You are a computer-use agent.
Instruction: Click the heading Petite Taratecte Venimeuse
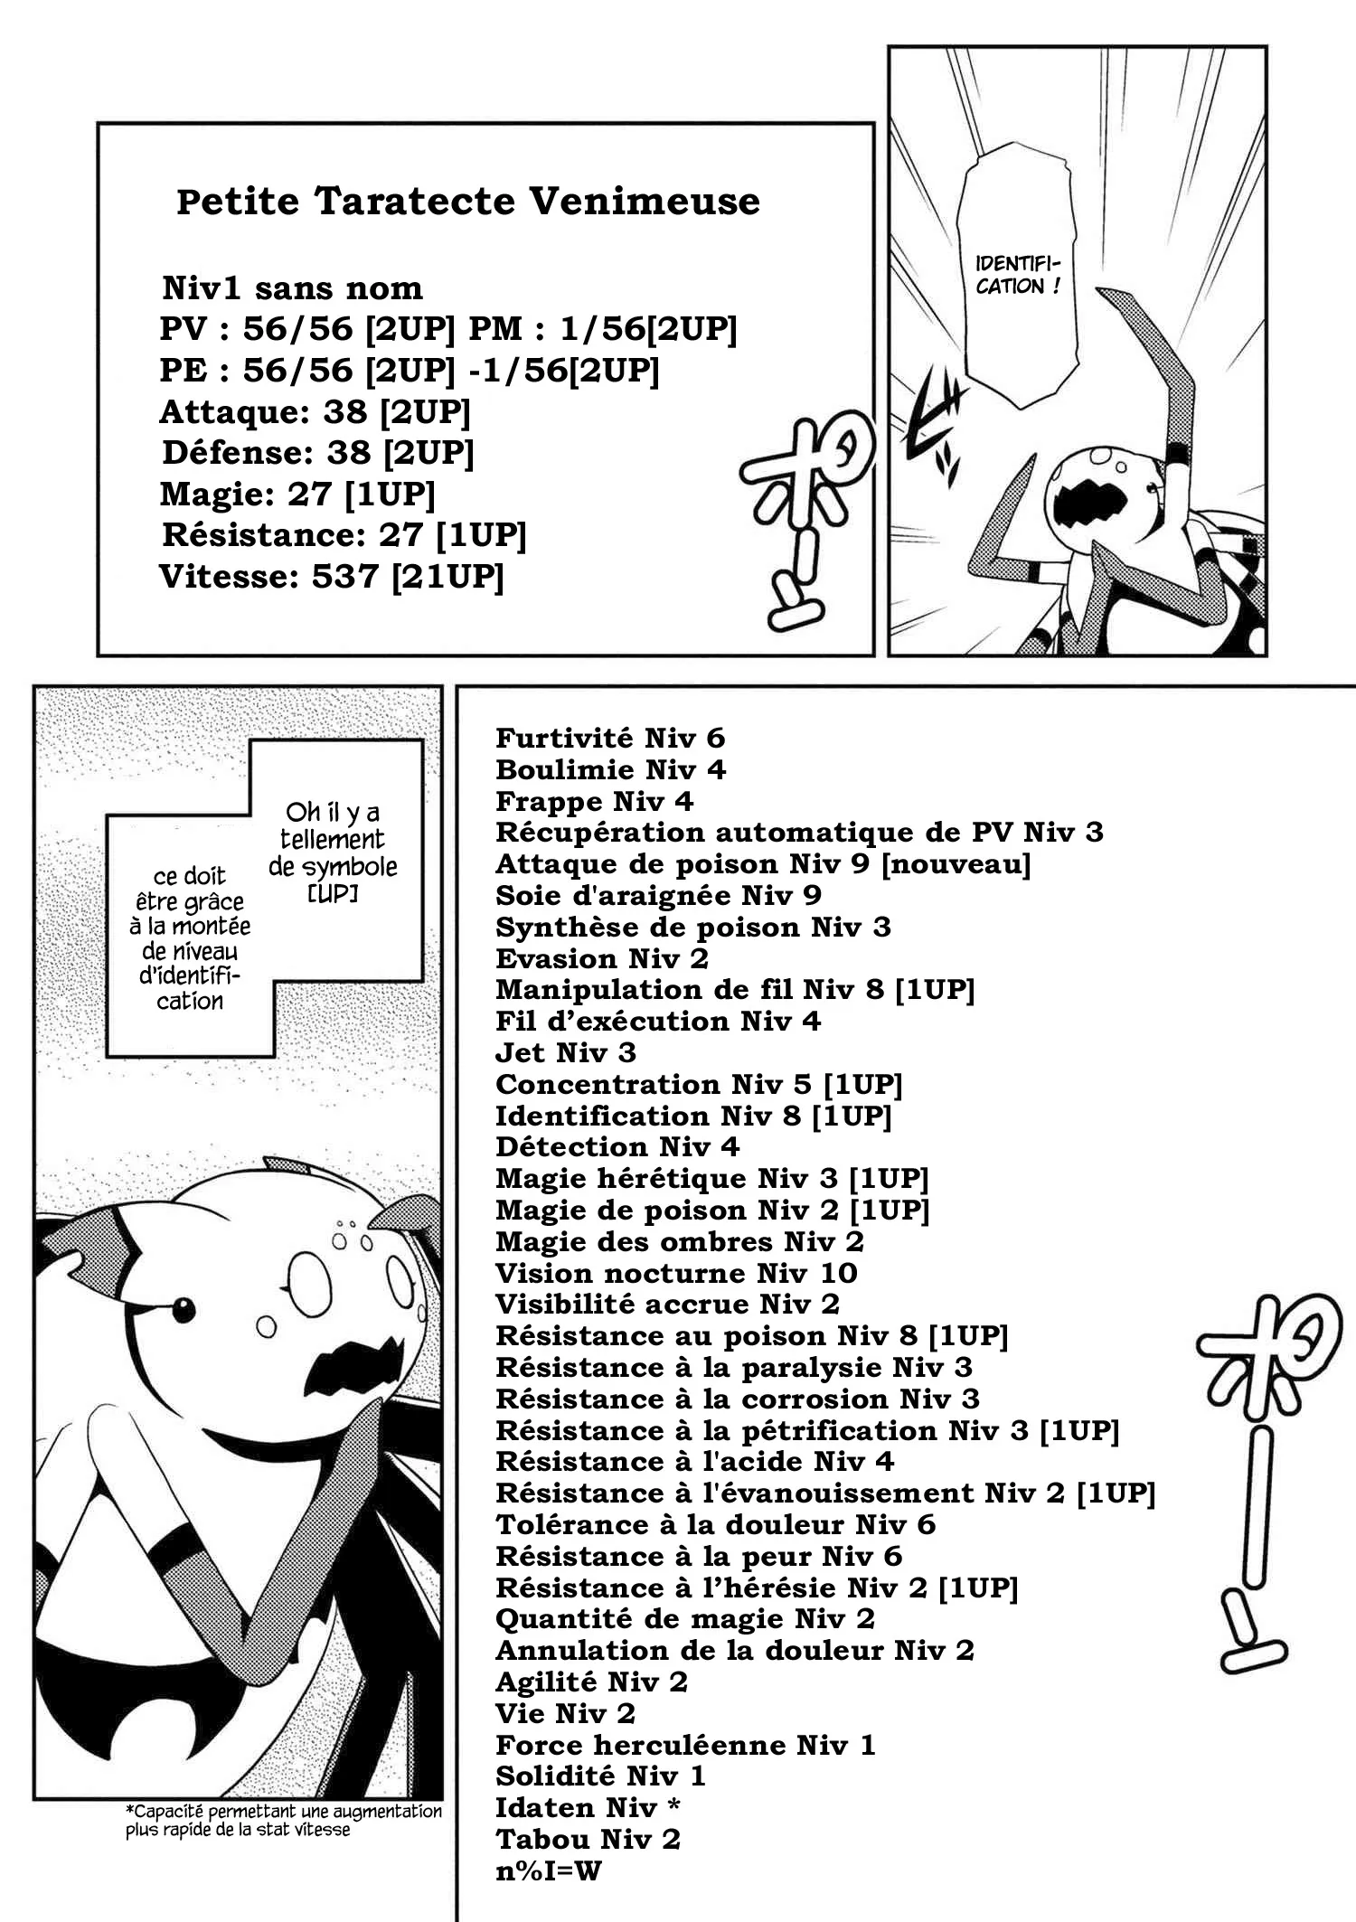tap(468, 202)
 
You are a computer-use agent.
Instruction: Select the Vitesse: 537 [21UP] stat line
tap(331, 576)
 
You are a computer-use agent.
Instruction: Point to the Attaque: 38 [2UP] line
tap(315, 412)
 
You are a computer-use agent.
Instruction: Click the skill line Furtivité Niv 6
tap(610, 739)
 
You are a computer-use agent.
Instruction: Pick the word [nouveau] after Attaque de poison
tap(956, 864)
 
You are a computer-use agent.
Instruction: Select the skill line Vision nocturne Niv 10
tap(676, 1273)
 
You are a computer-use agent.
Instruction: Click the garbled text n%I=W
tap(549, 1870)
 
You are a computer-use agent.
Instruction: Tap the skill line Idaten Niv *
tap(589, 1807)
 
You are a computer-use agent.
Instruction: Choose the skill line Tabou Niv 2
tap(589, 1839)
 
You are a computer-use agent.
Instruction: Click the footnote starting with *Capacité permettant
tap(284, 1821)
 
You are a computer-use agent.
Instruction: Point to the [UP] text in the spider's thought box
tap(333, 893)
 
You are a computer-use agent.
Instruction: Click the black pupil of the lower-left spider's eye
tap(184, 1310)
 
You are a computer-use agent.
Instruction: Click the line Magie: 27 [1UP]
tap(297, 495)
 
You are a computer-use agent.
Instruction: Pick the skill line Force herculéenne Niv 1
tap(686, 1745)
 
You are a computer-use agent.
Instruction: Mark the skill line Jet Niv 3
tap(566, 1053)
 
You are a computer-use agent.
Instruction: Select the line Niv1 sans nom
tap(293, 288)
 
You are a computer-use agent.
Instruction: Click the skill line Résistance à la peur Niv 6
tap(699, 1556)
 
